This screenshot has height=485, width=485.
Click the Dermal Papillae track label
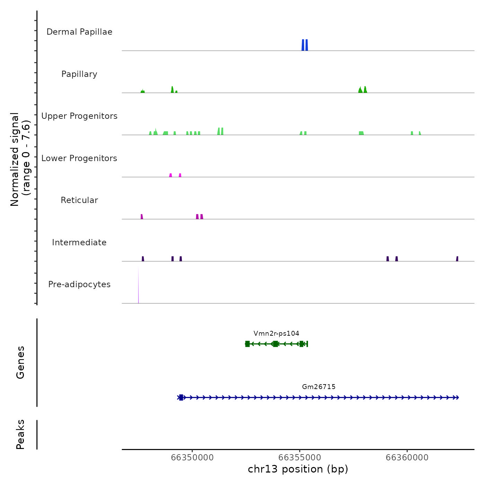pyautogui.click(x=79, y=32)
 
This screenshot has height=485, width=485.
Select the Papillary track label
pyautogui.click(x=79, y=74)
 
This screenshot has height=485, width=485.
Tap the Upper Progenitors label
pyautogui.click(x=79, y=116)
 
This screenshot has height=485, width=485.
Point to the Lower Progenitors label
pyautogui.click(x=79, y=158)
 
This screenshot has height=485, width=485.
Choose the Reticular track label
pyautogui.click(x=79, y=200)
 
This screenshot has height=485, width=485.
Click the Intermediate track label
pyautogui.click(x=79, y=242)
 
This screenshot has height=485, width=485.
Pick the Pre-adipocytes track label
pyautogui.click(x=79, y=284)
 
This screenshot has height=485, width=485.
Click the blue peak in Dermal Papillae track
pyautogui.click(x=305, y=45)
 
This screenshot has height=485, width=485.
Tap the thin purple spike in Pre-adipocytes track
pyautogui.click(x=138, y=288)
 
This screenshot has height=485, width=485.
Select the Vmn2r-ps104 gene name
pyautogui.click(x=276, y=334)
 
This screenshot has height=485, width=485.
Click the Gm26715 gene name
pyautogui.click(x=319, y=387)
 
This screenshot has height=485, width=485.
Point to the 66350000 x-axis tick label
pyautogui.click(x=192, y=458)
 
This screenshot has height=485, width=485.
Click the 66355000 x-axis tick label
pyautogui.click(x=300, y=458)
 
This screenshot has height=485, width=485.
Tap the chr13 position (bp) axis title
pyautogui.click(x=298, y=469)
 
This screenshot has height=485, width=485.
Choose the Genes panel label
pyautogui.click(x=20, y=362)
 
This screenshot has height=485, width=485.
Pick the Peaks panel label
pyautogui.click(x=20, y=434)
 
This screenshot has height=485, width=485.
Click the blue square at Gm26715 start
pyautogui.click(x=181, y=397)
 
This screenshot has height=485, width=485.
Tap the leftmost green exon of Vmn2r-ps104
pyautogui.click(x=247, y=344)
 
